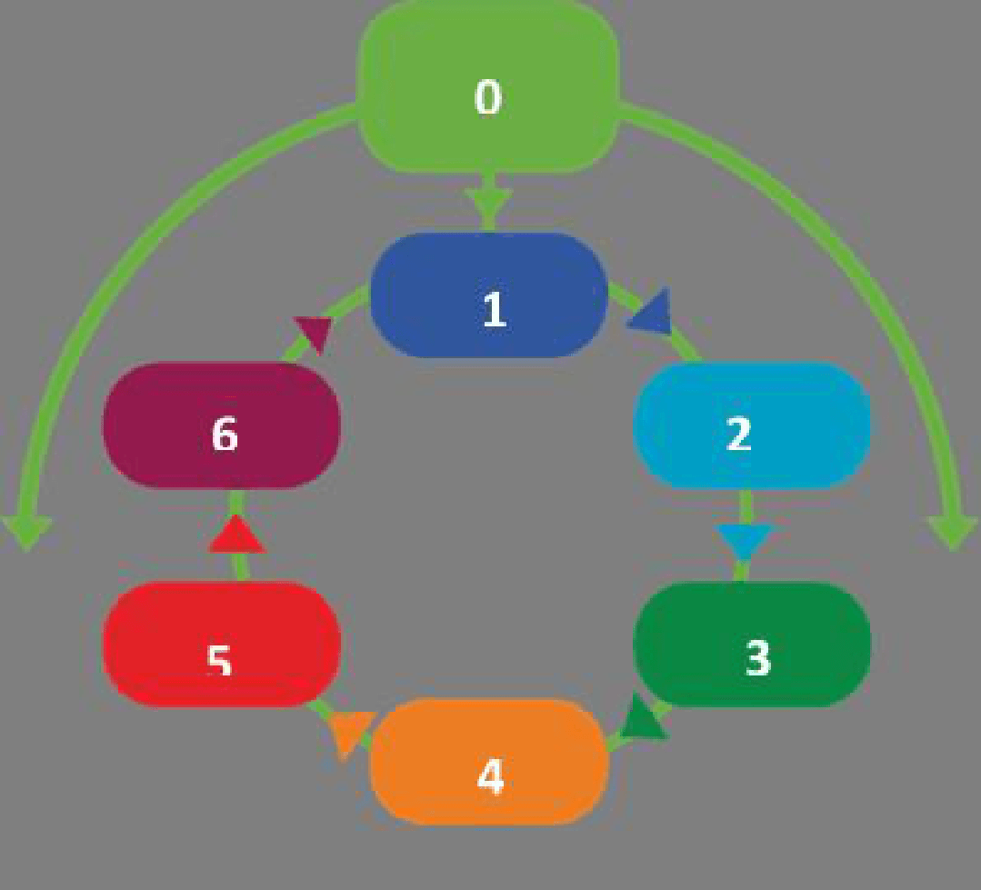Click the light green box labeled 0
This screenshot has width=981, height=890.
point(488,87)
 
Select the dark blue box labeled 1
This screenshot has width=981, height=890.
point(488,295)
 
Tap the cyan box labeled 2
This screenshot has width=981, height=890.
point(751,425)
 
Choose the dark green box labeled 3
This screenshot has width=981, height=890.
point(752,645)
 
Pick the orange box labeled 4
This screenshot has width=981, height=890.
point(489,762)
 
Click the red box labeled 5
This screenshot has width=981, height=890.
point(222,645)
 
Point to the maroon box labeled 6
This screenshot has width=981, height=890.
point(222,425)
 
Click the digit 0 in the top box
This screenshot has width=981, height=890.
point(488,97)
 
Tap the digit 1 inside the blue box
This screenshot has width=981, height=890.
point(495,309)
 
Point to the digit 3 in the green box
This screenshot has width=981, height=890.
point(757,658)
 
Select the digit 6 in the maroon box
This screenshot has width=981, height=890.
point(225,434)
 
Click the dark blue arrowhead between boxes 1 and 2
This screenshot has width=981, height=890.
point(651,312)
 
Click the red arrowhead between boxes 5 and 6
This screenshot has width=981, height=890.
point(236,535)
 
